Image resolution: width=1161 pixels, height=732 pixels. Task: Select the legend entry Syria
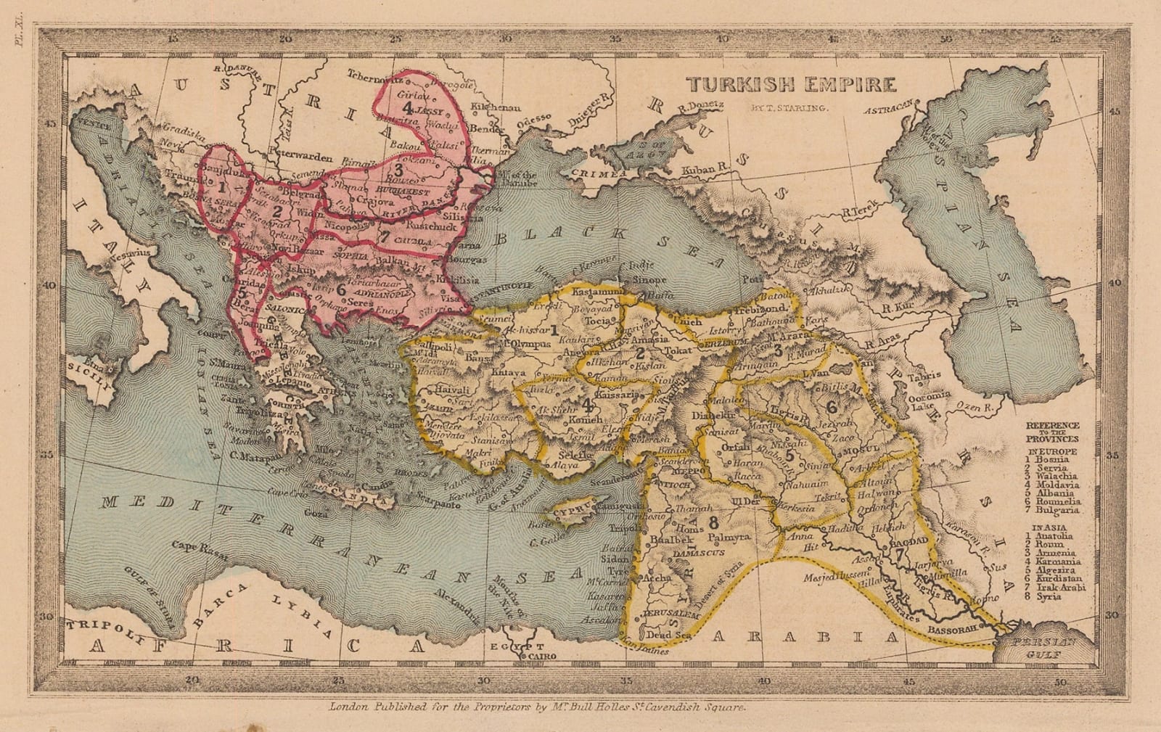point(1050,596)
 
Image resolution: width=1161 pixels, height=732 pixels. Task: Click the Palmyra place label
point(728,538)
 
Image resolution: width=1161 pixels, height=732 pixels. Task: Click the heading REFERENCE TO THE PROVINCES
point(1052,432)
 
